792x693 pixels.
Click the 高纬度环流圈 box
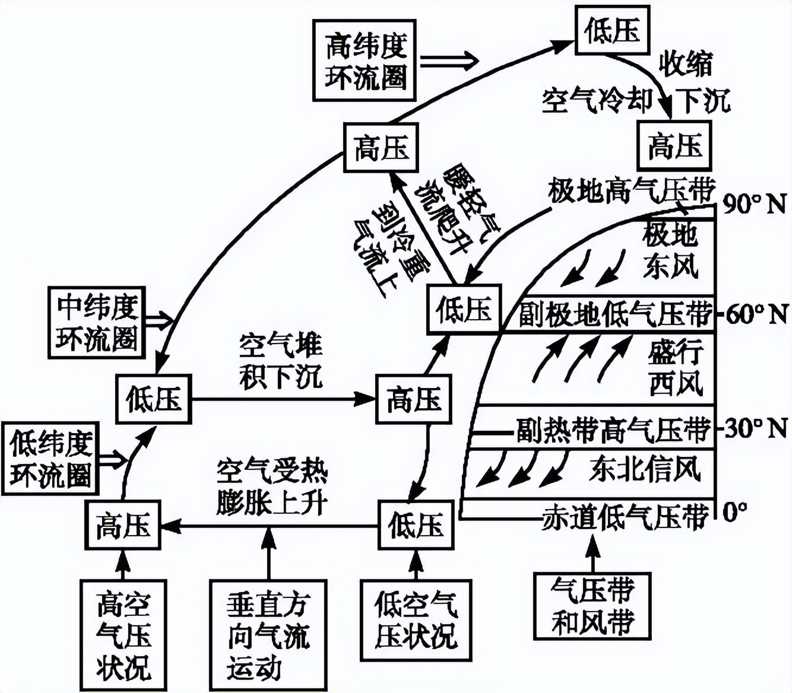pyautogui.click(x=365, y=61)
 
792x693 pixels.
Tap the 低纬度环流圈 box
pyautogui.click(x=50, y=459)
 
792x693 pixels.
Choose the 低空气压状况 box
pyautogui.click(x=416, y=621)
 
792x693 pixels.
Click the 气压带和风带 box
pyautogui.click(x=592, y=606)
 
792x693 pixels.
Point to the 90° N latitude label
pyautogui.click(x=754, y=205)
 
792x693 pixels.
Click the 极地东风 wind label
pyautogui.click(x=670, y=251)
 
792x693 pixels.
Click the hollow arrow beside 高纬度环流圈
pyautogui.click(x=449, y=60)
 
